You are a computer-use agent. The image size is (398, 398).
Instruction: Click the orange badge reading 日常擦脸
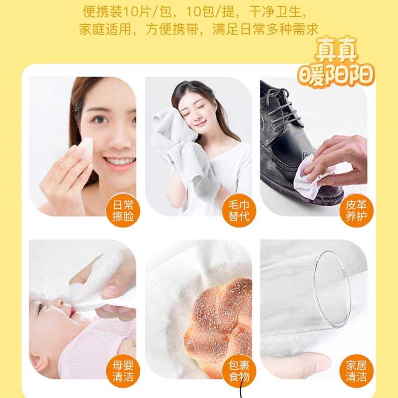pyautogui.click(x=123, y=210)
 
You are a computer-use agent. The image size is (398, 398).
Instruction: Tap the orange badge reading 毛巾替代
pyautogui.click(x=239, y=210)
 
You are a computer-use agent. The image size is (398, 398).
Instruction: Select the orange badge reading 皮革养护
pyautogui.click(x=356, y=210)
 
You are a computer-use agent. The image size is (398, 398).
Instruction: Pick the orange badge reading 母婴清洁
pyautogui.click(x=123, y=371)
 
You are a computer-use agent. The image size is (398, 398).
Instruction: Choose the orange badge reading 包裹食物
pyautogui.click(x=239, y=371)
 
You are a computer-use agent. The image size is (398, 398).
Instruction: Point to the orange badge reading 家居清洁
pyautogui.click(x=356, y=371)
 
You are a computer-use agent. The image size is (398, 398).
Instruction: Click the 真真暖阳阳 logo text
pyautogui.click(x=336, y=63)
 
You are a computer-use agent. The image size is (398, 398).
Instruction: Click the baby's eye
pyautogui.click(x=41, y=308)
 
